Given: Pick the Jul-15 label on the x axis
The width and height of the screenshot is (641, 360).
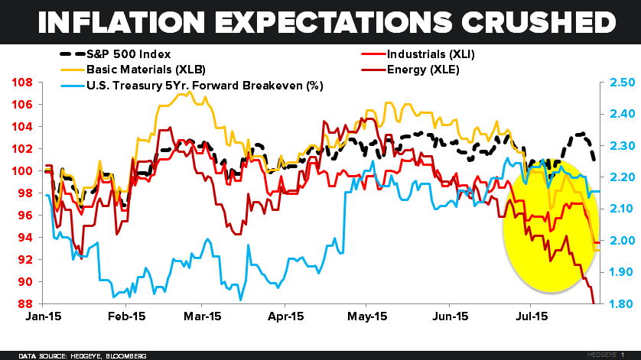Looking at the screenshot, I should point(529,316).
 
